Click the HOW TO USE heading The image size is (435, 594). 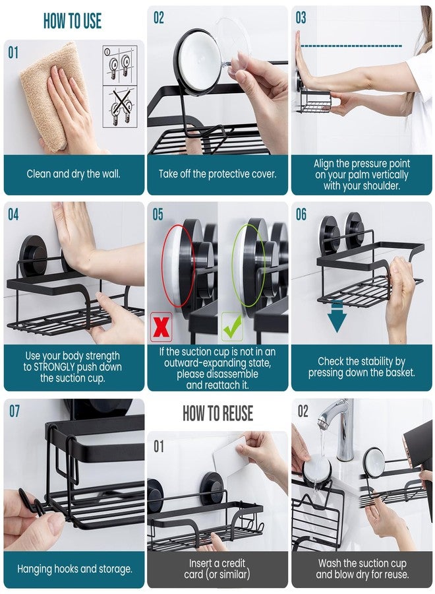pyautogui.click(x=72, y=21)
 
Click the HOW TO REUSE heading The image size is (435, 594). pyautogui.click(x=217, y=414)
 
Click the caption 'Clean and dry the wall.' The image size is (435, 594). pyautogui.click(x=72, y=174)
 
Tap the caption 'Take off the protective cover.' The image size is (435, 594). pyautogui.click(x=217, y=174)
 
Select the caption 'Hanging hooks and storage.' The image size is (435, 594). pyautogui.click(x=74, y=569)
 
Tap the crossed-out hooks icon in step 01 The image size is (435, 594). pyautogui.click(x=120, y=106)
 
